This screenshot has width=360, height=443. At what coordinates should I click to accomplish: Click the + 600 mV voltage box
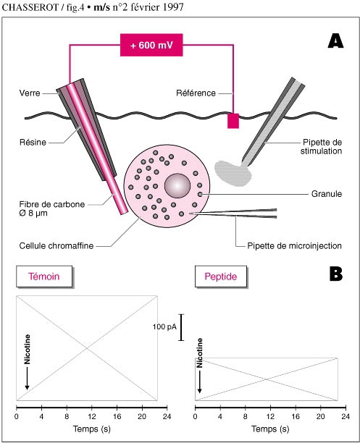coord(151,45)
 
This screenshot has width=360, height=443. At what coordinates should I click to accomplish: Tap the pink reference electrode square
coord(233,121)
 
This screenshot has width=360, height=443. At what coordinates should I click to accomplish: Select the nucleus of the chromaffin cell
coord(177,185)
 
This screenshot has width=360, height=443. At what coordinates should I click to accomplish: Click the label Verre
coord(30,93)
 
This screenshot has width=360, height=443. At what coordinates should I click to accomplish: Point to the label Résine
coord(33,142)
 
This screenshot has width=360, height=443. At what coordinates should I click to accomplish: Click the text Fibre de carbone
coord(52,204)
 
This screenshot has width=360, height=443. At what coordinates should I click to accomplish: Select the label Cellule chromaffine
coord(56,245)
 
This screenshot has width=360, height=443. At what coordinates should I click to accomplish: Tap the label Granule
coord(327,194)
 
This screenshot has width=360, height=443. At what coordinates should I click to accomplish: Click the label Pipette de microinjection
coord(294,245)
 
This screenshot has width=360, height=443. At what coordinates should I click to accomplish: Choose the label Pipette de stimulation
coord(322,146)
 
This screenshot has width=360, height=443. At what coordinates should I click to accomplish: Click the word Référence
coord(196,93)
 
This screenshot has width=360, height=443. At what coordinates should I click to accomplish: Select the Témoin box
coord(44,277)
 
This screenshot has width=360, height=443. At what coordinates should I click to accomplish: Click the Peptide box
coord(221,277)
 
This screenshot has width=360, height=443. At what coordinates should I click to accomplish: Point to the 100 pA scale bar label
coord(164,327)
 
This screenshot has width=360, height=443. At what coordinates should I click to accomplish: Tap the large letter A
coord(335,41)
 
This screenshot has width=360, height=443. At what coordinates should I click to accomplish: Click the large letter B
coord(336,274)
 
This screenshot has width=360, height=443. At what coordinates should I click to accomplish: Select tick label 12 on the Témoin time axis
coord(91,416)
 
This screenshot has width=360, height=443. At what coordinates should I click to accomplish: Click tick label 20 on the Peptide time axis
coord(321,416)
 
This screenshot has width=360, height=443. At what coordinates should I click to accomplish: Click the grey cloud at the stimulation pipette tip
coord(233,173)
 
